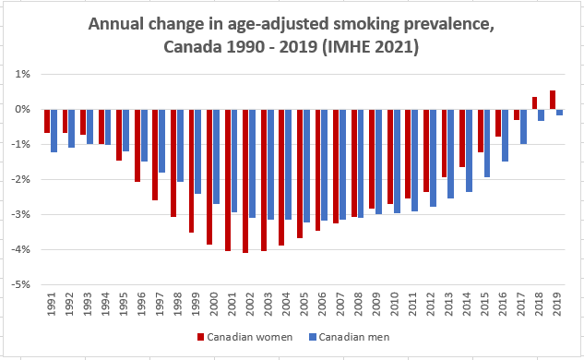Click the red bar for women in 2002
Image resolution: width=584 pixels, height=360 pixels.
pyautogui.click(x=245, y=181)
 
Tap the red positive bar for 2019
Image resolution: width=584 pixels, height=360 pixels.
pyautogui.click(x=552, y=100)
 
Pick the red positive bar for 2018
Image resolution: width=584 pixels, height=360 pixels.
pyautogui.click(x=533, y=102)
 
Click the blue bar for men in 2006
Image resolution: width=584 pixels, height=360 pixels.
pyautogui.click(x=325, y=165)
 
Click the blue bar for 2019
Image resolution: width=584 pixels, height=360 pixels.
pyautogui.click(x=559, y=112)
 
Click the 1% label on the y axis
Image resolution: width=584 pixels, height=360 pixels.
pyautogui.click(x=23, y=74)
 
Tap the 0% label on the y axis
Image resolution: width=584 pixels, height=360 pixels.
pyautogui.click(x=23, y=109)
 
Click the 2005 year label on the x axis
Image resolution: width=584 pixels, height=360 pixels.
pyautogui.click(x=304, y=306)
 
